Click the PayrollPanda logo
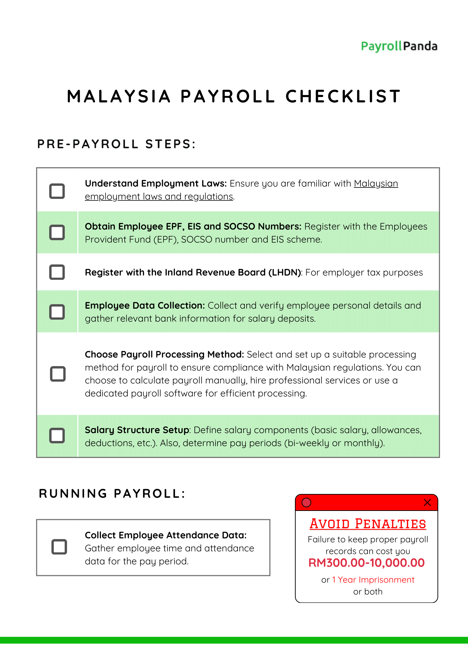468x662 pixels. click(399, 46)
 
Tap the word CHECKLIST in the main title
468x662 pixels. click(343, 96)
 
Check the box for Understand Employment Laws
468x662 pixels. click(57, 191)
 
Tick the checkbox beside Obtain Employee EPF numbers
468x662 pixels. click(57, 232)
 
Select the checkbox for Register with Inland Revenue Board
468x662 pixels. click(57, 272)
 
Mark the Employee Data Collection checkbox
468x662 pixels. click(57, 312)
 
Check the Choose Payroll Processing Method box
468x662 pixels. click(58, 374)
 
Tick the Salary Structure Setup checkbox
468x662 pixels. click(57, 435)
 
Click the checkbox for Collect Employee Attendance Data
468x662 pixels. click(59, 547)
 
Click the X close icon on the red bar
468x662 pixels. click(427, 502)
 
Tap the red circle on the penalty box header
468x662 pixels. click(306, 502)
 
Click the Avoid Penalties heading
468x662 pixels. click(368, 524)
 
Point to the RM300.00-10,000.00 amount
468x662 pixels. click(366, 563)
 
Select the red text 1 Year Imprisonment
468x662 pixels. click(373, 580)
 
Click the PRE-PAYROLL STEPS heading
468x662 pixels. click(117, 144)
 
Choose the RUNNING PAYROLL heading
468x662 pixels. click(112, 494)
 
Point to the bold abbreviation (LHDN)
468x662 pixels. click(285, 272)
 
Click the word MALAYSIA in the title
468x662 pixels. click(119, 96)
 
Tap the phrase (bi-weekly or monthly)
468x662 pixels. click(334, 443)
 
